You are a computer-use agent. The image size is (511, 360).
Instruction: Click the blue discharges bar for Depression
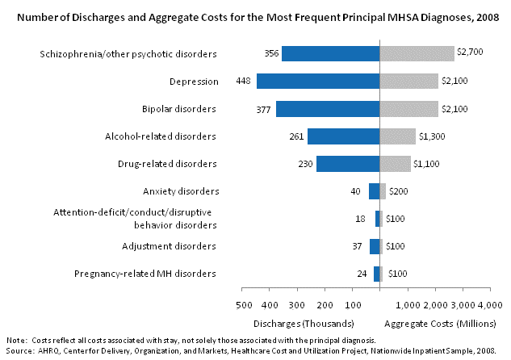pyautogui.click(x=318, y=81)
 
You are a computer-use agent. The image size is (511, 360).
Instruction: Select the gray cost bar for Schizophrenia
pyautogui.click(x=417, y=53)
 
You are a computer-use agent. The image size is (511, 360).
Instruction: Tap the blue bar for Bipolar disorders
pyautogui.click(x=328, y=108)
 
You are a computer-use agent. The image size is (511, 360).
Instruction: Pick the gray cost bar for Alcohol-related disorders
pyautogui.click(x=397, y=136)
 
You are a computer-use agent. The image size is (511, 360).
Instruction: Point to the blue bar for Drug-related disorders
pyautogui.click(x=348, y=164)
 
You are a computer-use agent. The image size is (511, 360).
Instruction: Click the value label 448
pyautogui.click(x=243, y=81)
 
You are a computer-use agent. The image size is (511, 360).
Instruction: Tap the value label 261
pyautogui.click(x=295, y=136)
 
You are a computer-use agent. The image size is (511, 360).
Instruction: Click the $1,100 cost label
pyautogui.click(x=428, y=164)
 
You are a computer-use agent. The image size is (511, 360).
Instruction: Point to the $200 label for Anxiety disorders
pyautogui.click(x=399, y=191)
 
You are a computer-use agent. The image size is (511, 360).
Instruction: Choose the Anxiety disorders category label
pyautogui.click(x=180, y=191)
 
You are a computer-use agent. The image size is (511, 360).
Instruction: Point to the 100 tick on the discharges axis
pyautogui.click(x=353, y=304)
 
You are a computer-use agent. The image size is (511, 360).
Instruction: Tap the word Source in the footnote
pyautogui.click(x=20, y=352)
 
